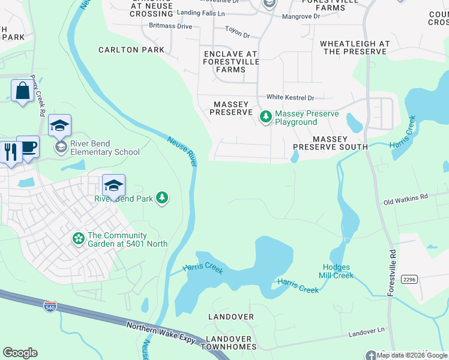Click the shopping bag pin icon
coord(22,91)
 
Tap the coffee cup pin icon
coord(28,146)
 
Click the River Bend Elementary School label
coord(104,148)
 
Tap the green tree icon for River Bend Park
coord(161,198)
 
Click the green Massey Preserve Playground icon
coord(265,117)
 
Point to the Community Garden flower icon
coord(78,239)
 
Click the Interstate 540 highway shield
coord(50,307)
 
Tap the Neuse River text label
coord(182,152)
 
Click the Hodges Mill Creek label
coord(338,271)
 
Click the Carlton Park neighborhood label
coord(131,50)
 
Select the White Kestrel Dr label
coord(291,97)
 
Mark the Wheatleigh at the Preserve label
coord(355,48)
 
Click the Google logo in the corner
coord(20,352)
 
